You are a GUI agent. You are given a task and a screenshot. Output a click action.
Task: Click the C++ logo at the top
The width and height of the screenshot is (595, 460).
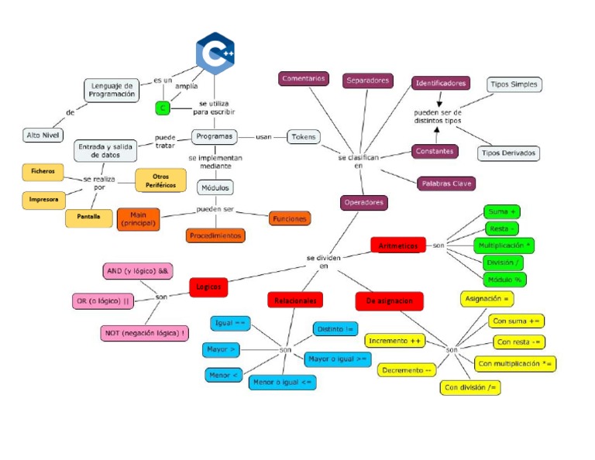click(x=215, y=53)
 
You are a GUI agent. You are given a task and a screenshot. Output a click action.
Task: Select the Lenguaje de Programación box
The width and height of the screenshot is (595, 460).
click(x=112, y=90)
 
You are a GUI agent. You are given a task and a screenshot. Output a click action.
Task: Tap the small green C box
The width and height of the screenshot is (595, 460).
click(x=163, y=108)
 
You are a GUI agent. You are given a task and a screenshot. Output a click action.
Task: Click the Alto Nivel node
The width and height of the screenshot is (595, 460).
click(x=43, y=136)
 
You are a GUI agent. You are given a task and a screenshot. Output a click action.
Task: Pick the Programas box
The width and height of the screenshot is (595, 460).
click(x=215, y=136)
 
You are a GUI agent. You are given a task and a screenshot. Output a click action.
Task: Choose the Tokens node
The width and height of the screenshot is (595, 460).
click(x=303, y=136)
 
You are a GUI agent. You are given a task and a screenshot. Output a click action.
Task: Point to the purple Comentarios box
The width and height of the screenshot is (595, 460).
click(x=303, y=79)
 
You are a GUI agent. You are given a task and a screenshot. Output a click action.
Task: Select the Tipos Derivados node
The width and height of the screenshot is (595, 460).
click(x=508, y=153)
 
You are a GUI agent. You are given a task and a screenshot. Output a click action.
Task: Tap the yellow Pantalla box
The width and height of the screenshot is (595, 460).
click(x=88, y=217)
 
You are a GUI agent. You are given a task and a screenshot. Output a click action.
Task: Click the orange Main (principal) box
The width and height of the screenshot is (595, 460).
click(x=139, y=219)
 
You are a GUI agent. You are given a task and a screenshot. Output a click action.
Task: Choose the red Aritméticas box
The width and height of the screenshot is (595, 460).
click(x=398, y=245)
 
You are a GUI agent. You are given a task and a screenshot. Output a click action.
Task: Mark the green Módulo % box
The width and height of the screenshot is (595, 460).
click(x=504, y=280)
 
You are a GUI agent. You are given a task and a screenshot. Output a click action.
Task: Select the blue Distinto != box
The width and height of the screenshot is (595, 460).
click(x=335, y=329)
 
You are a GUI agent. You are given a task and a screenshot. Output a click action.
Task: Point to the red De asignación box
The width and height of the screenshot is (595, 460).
click(x=389, y=300)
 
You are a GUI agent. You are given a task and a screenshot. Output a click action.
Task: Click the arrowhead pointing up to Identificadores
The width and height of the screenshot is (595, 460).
click(x=435, y=128)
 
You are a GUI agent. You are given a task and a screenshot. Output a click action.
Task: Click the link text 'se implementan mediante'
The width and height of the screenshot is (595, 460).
click(x=215, y=161)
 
